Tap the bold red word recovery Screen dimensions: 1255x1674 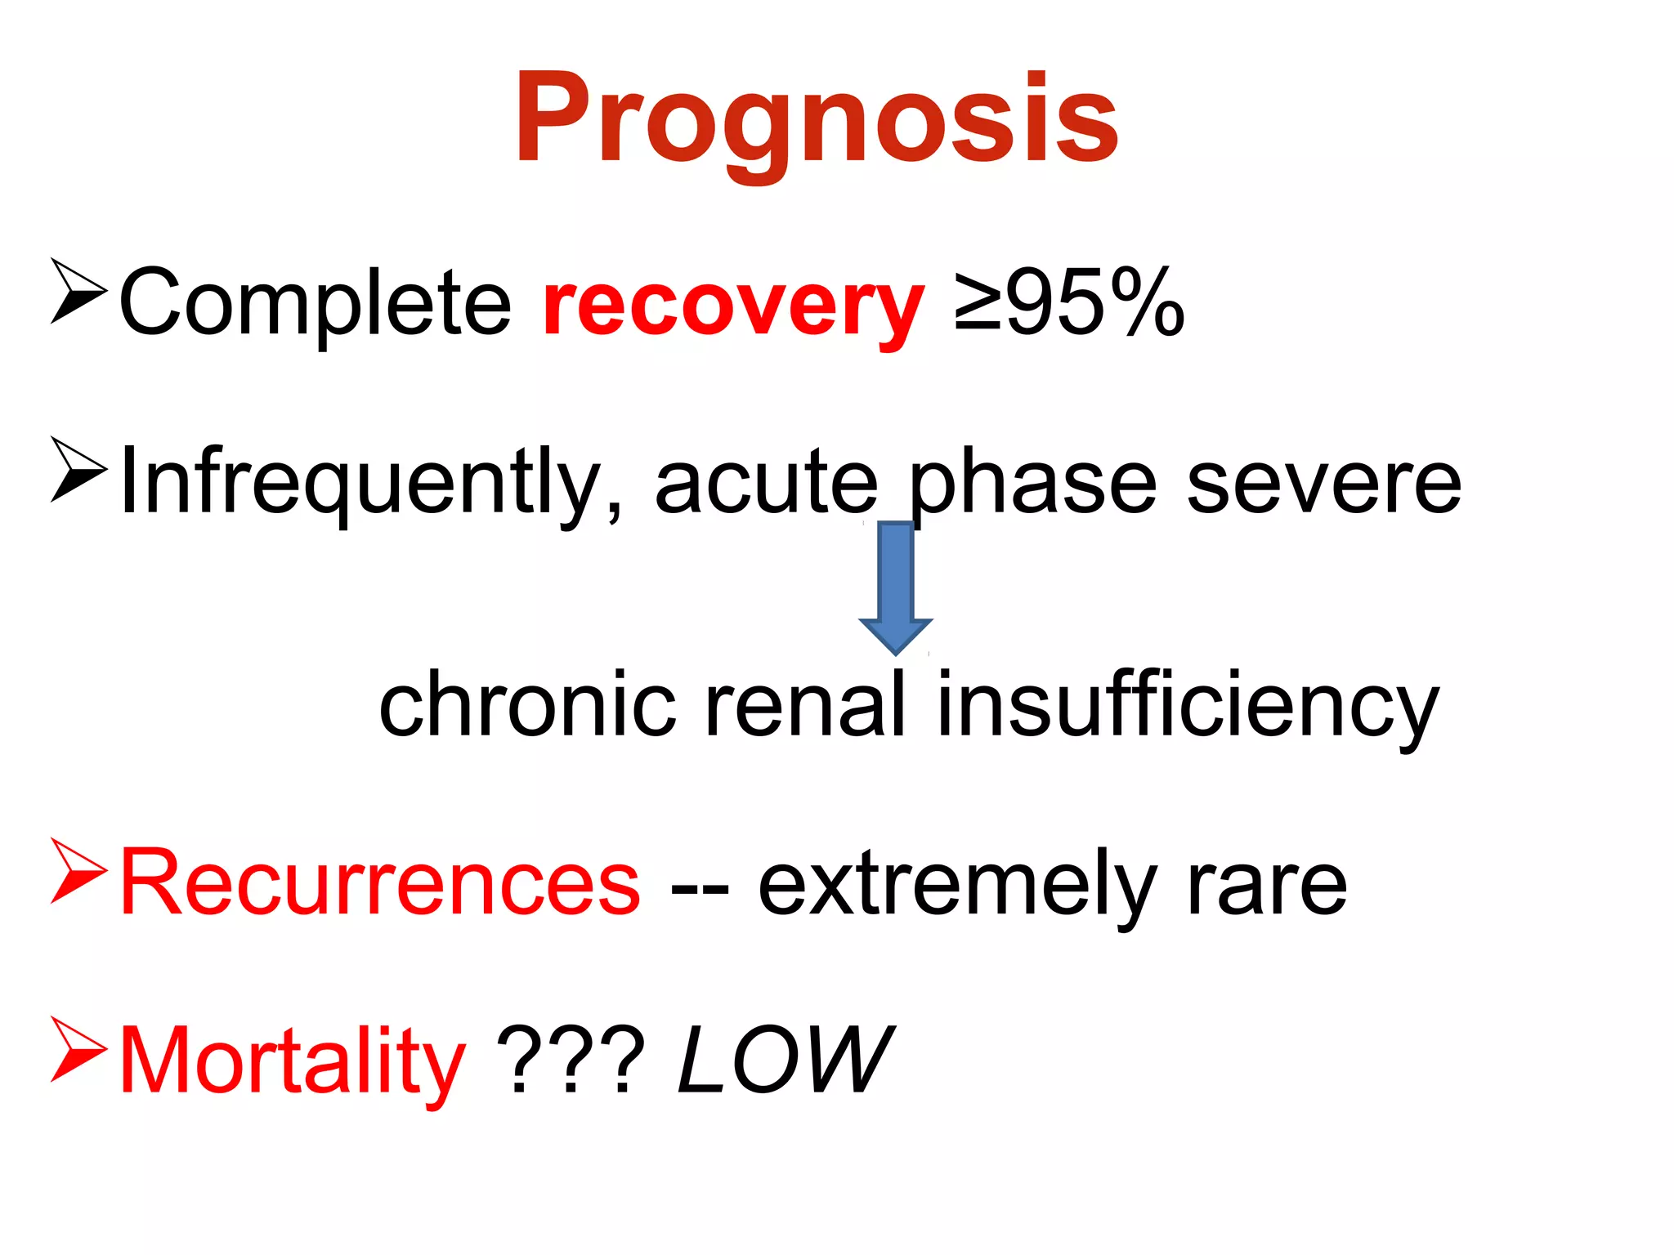point(733,306)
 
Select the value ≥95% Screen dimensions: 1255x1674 point(1069,302)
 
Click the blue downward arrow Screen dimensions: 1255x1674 point(895,587)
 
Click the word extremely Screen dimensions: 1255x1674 point(957,887)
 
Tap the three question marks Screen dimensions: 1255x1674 point(571,1061)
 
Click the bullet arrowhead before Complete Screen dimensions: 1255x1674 point(78,291)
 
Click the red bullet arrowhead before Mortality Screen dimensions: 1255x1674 point(78,1049)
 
